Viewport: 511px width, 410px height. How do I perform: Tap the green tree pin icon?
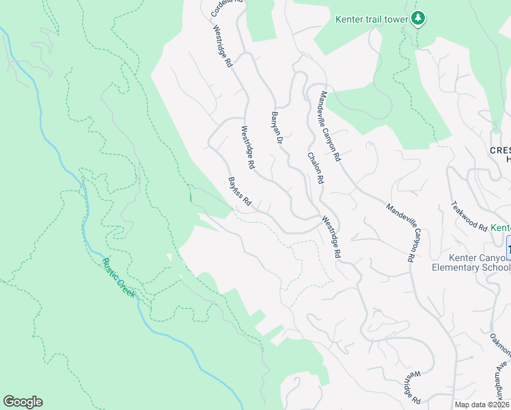tap(418, 19)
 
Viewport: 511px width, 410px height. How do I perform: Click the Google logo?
tap(23, 402)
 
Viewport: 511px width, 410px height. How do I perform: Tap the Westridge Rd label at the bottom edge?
tap(410, 387)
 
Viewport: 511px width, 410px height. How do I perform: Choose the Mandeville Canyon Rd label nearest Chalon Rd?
tap(329, 126)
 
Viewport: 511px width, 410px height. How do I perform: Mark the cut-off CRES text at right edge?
tap(499, 150)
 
